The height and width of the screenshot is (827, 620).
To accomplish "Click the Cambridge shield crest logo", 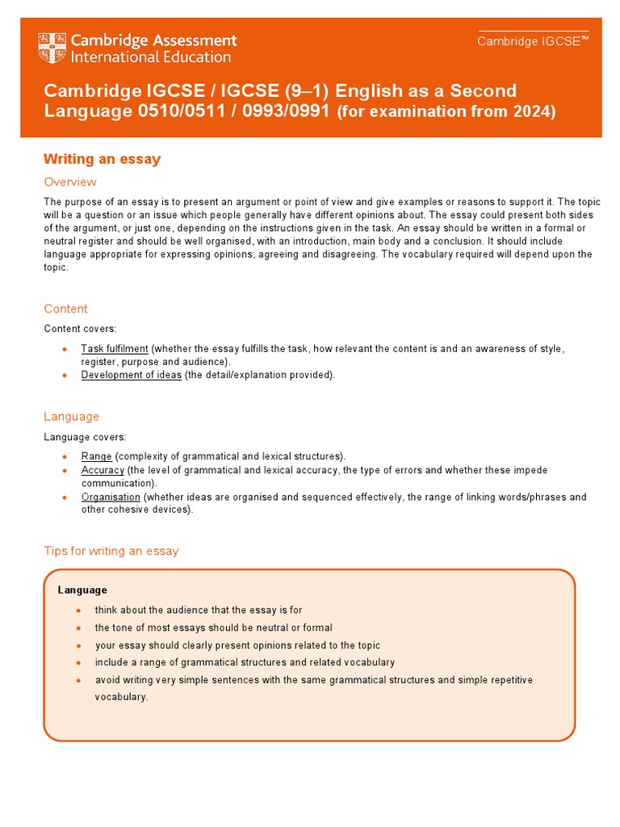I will tap(53, 48).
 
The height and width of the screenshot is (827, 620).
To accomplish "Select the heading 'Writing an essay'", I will tap(102, 159).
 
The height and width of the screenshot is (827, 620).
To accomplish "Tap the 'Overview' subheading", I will tap(70, 182).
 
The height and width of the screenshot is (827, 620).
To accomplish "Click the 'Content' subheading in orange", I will tap(65, 309).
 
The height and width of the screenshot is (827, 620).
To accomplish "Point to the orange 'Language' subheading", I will tap(71, 416).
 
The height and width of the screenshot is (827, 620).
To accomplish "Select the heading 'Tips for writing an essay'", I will tap(111, 551).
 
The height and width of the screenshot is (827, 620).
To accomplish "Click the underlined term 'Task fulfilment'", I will tap(115, 349).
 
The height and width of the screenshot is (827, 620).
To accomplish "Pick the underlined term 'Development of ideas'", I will tap(131, 375).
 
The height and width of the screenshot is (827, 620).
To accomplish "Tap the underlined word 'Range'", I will tap(97, 456).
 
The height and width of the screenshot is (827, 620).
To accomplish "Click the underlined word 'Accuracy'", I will tap(103, 470).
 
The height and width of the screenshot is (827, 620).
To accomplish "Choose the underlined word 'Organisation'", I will tap(111, 497).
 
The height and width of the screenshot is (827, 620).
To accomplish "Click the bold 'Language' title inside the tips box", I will tap(82, 590).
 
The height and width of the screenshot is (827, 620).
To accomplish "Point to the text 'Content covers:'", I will tap(80, 329).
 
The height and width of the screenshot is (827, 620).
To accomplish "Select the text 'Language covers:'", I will tap(83, 436).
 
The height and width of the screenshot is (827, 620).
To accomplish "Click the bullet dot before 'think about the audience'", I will tap(77, 611).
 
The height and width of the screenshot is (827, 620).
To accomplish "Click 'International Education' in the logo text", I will tap(151, 57).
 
